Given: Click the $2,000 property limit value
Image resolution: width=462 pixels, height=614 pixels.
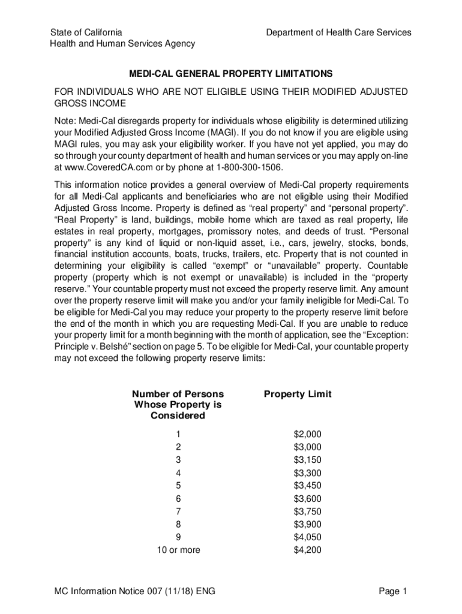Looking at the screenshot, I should (x=308, y=434).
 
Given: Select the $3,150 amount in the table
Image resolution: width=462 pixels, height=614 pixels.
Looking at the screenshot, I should (x=308, y=460).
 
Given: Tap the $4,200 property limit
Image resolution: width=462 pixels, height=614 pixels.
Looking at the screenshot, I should (x=308, y=550).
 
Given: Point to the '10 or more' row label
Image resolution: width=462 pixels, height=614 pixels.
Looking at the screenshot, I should (x=178, y=550).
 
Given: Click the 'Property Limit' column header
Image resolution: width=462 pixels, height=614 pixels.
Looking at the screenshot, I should (x=298, y=394).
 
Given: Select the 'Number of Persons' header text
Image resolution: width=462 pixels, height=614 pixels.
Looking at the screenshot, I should (x=178, y=394).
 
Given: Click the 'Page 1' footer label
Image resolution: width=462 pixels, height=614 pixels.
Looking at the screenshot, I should (x=393, y=592).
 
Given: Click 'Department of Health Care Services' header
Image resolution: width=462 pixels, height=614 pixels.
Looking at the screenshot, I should (x=339, y=32).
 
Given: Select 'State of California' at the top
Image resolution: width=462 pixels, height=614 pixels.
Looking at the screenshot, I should (x=86, y=32).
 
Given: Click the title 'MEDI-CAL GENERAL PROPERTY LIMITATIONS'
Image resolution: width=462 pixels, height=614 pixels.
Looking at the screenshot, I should (x=231, y=74).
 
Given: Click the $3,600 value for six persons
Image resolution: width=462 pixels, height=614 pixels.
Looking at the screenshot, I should (x=308, y=498).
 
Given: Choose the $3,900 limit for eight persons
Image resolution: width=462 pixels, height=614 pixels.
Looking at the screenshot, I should (x=308, y=524).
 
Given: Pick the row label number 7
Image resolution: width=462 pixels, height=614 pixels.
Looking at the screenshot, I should (x=178, y=511).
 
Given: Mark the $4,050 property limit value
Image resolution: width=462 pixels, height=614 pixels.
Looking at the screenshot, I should (x=308, y=537).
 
